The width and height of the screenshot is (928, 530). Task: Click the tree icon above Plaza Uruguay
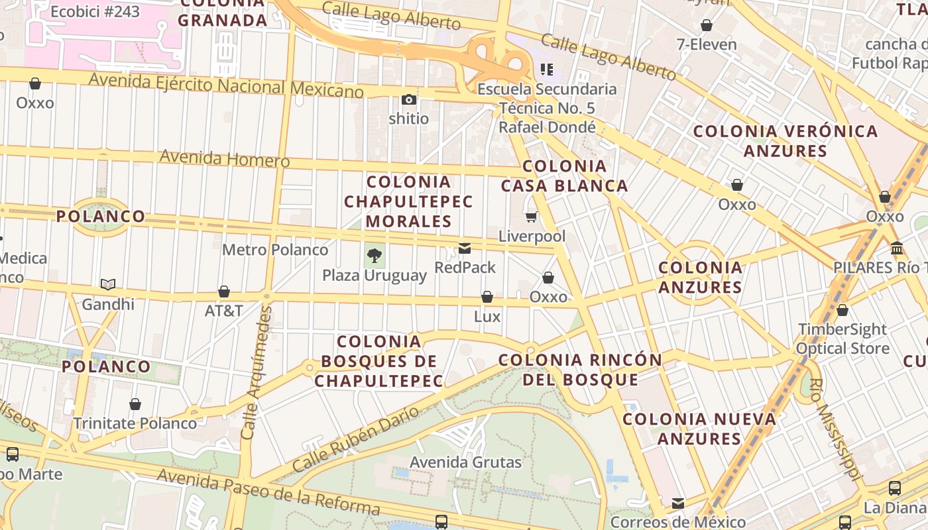[x=375, y=255]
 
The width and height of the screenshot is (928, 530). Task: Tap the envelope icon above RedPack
[x=465, y=248]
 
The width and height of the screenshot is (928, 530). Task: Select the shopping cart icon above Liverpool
[x=531, y=217]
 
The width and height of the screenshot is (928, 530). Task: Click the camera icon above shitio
[x=409, y=99]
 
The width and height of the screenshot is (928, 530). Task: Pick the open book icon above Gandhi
[x=108, y=284]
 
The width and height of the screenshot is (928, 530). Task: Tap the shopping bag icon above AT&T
[x=224, y=291]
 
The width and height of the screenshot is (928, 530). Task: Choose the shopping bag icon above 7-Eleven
[x=707, y=25]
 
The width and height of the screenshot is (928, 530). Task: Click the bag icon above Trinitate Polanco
[x=135, y=403]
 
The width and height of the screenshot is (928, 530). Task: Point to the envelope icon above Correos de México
[x=677, y=503]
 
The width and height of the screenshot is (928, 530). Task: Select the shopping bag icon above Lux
[x=487, y=297]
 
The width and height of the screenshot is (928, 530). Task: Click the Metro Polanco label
[x=275, y=250]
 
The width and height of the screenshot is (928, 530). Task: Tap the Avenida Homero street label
[x=225, y=158]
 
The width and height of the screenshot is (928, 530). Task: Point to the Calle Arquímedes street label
[x=255, y=372]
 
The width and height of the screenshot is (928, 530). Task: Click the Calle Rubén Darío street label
[x=355, y=439]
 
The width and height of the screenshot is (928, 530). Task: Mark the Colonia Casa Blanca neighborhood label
[x=564, y=176]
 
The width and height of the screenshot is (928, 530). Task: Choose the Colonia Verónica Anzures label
[x=785, y=140]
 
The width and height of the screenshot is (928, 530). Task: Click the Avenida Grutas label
[x=465, y=462]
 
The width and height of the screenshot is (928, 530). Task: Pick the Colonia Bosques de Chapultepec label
[x=378, y=361]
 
